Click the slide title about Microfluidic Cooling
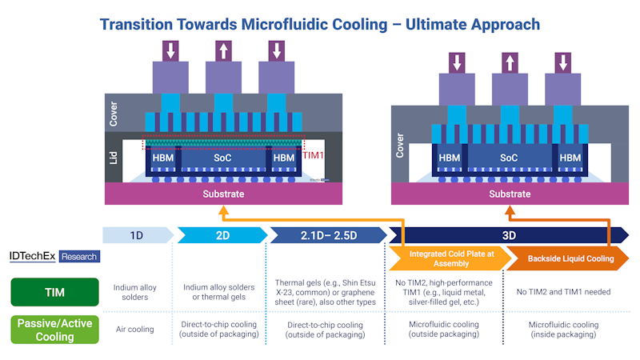click(320, 24)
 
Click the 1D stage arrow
click(136, 234)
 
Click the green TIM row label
click(54, 292)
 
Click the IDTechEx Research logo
click(54, 256)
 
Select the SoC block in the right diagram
click(509, 158)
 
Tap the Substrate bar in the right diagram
click(509, 194)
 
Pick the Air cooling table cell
click(136, 329)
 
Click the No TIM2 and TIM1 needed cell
click(564, 292)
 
